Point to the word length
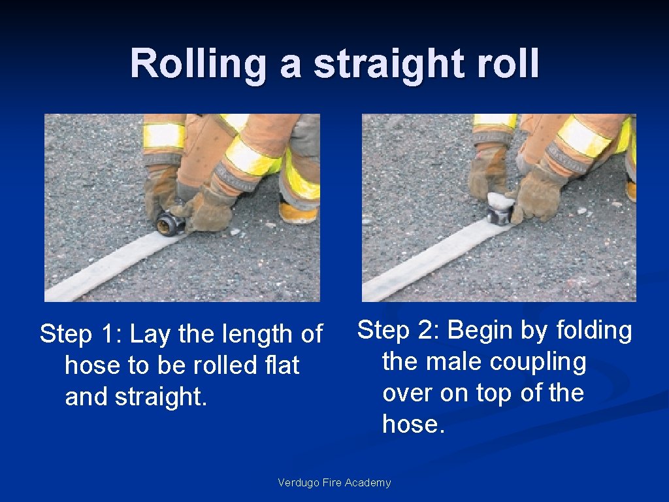pos(255,335)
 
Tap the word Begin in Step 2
pos(481,331)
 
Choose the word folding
pos(594,331)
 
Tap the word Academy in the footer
pos(369,483)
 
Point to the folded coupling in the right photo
pos(500,208)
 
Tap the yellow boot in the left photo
pos(297,210)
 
